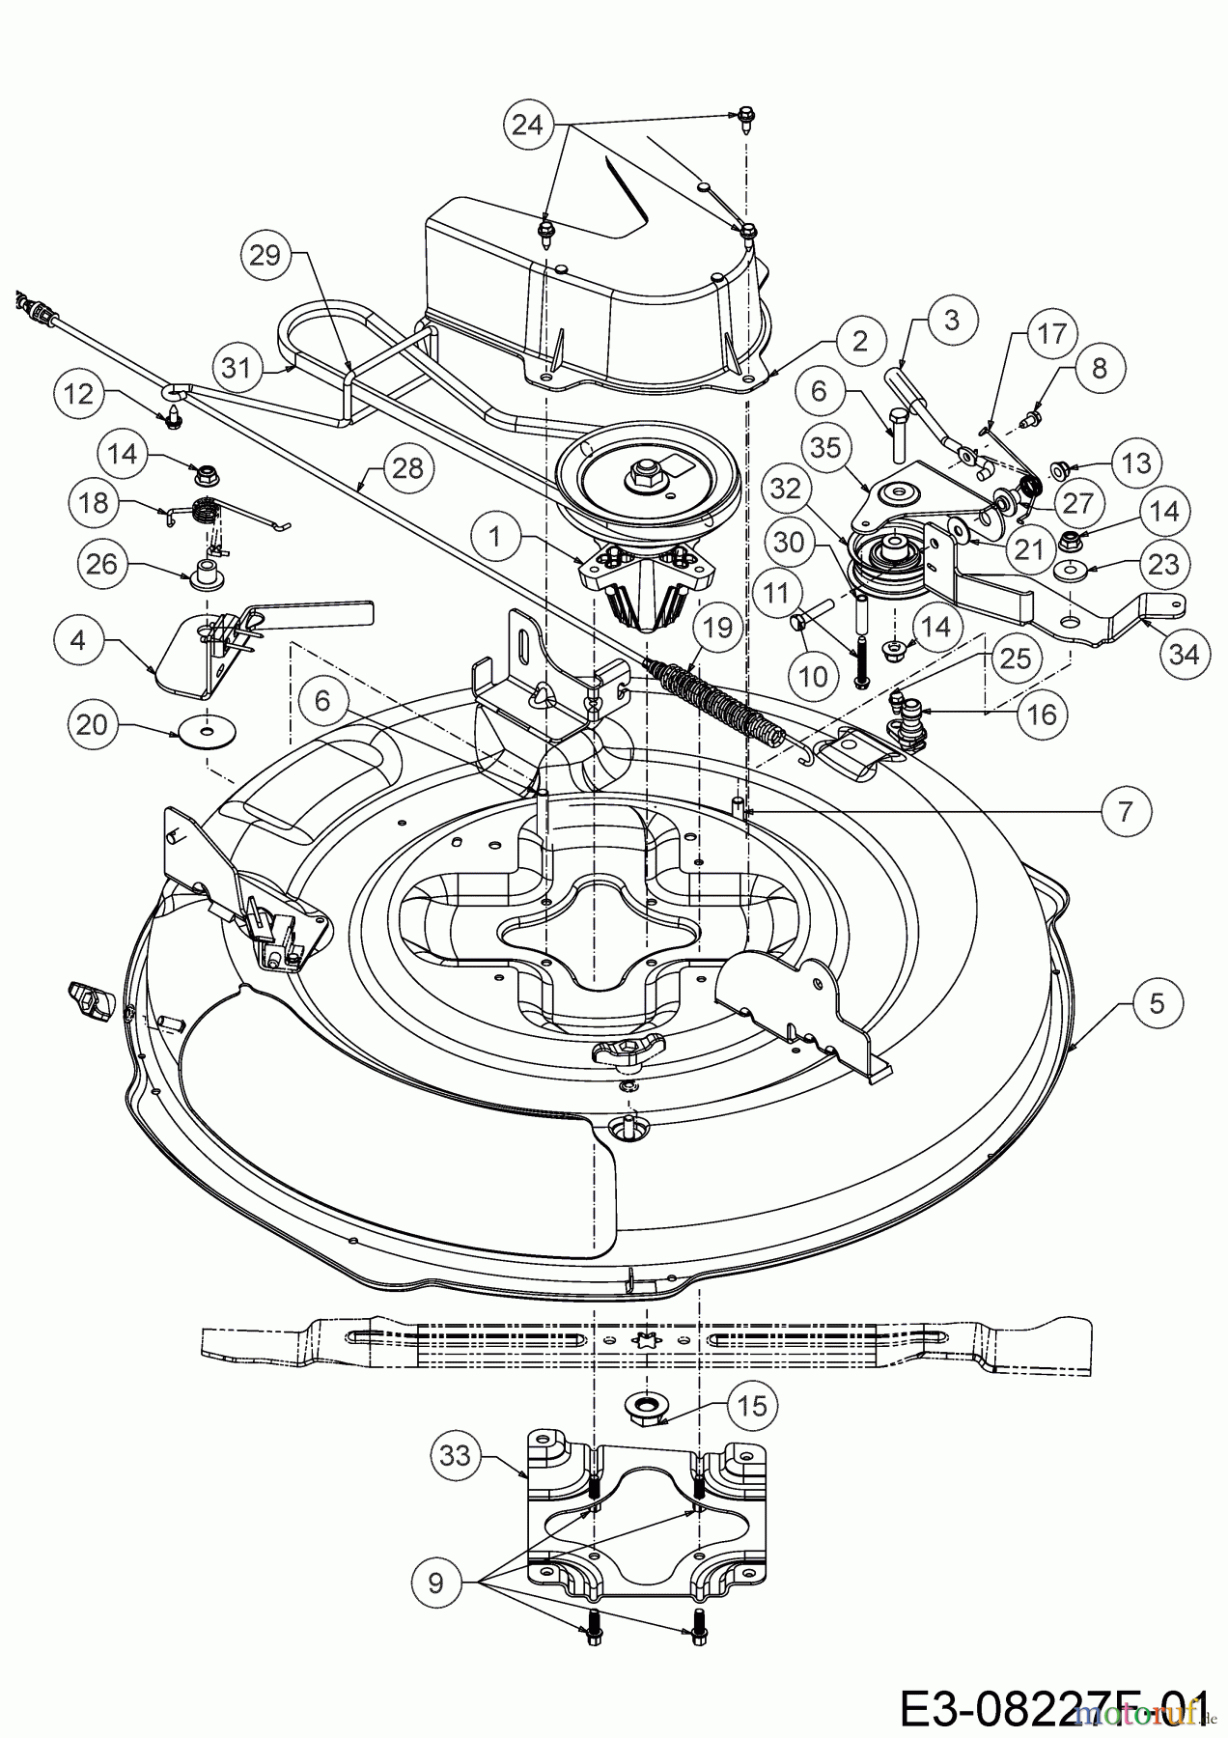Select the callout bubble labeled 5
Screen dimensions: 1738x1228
click(1158, 1003)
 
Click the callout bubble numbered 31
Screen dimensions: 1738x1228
click(238, 367)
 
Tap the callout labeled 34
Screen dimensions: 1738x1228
click(1185, 654)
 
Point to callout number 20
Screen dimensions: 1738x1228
click(92, 723)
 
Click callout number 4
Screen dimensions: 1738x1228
click(92, 638)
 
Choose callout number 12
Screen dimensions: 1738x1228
click(80, 392)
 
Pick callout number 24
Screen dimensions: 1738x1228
click(527, 126)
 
